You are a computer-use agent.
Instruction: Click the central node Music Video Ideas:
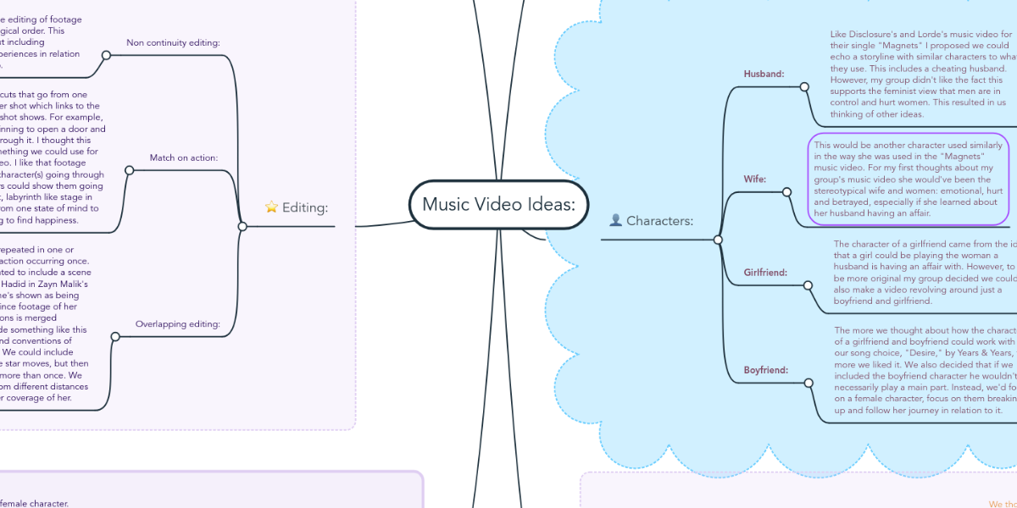498,204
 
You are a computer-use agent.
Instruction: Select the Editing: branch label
305,207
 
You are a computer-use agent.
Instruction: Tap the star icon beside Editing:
271,207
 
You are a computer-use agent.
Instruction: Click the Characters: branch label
659,221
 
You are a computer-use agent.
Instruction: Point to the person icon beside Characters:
616,221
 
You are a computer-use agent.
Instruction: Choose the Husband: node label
764,74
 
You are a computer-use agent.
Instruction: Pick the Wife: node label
755,179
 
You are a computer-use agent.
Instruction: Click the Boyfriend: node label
765,370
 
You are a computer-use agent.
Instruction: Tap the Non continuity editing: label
173,42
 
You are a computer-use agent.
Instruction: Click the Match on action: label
184,157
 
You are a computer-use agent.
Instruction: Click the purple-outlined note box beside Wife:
909,179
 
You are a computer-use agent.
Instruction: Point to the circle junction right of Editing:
242,226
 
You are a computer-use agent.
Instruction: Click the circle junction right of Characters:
718,240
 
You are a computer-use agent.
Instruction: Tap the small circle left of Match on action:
129,170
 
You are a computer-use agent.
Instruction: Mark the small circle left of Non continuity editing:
106,55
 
